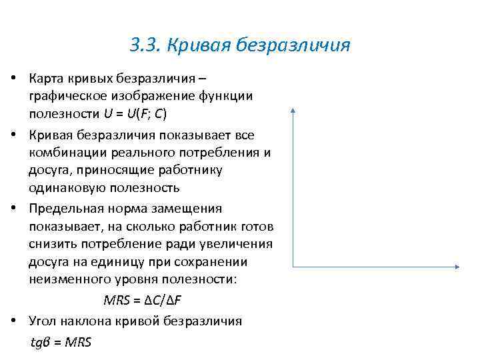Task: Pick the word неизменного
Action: point(69,279)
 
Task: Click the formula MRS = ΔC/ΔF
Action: point(147,299)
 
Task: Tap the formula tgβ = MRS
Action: point(61,342)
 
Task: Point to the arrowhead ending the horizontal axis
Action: point(457,267)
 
